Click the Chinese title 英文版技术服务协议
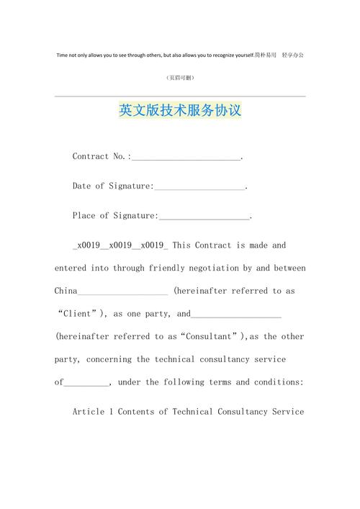tap(179, 112)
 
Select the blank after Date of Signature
tap(199, 187)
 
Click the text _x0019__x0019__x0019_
tap(120, 246)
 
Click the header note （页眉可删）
tap(179, 78)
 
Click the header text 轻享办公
tap(292, 55)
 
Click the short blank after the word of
tap(86, 383)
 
